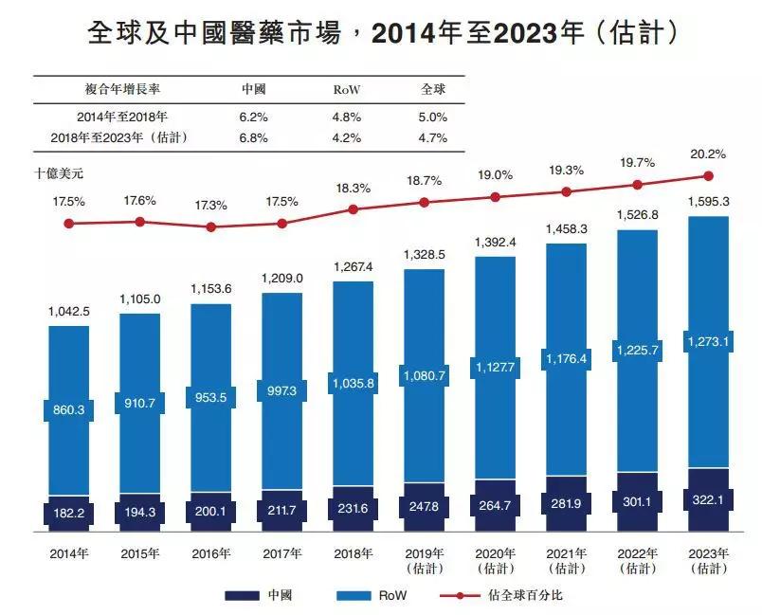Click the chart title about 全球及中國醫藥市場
(x=381, y=34)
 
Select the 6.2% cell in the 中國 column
(x=254, y=118)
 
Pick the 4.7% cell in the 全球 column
(x=433, y=138)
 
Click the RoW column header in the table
(x=347, y=90)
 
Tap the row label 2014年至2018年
(x=122, y=118)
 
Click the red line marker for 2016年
(x=210, y=227)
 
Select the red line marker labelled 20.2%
(x=708, y=175)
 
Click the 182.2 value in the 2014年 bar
(x=68, y=512)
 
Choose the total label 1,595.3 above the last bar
(x=708, y=202)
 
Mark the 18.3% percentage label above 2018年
(x=353, y=189)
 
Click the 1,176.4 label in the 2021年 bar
(x=566, y=359)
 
